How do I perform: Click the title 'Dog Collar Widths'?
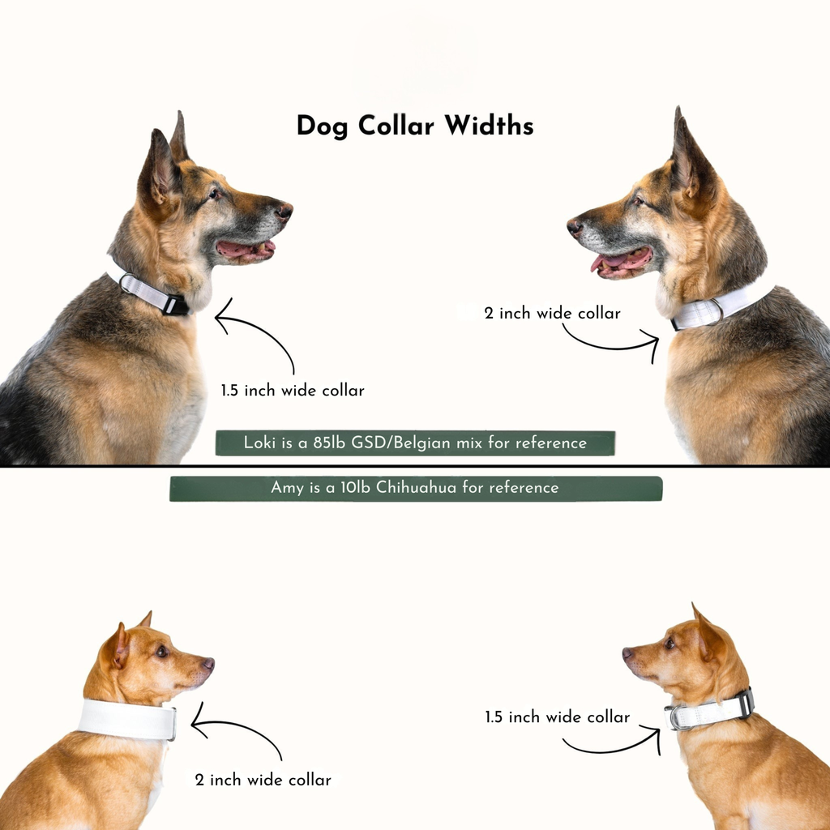pos(414,126)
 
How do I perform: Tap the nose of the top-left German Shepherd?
pos(284,212)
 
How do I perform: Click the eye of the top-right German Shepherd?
pos(638,200)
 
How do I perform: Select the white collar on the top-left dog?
pos(150,293)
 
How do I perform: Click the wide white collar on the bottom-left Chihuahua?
pos(127,719)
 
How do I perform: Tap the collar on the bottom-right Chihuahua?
pos(710,711)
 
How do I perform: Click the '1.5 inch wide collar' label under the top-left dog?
pos(293,391)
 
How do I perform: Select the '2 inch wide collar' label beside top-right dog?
pos(552,313)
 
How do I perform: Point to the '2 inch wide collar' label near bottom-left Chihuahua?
pos(263,781)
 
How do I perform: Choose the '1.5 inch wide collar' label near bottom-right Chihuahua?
pos(557,717)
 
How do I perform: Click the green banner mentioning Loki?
pos(415,443)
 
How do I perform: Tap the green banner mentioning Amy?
pos(415,488)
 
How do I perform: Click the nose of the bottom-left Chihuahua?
pos(208,663)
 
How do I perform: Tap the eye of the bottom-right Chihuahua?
pos(669,644)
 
